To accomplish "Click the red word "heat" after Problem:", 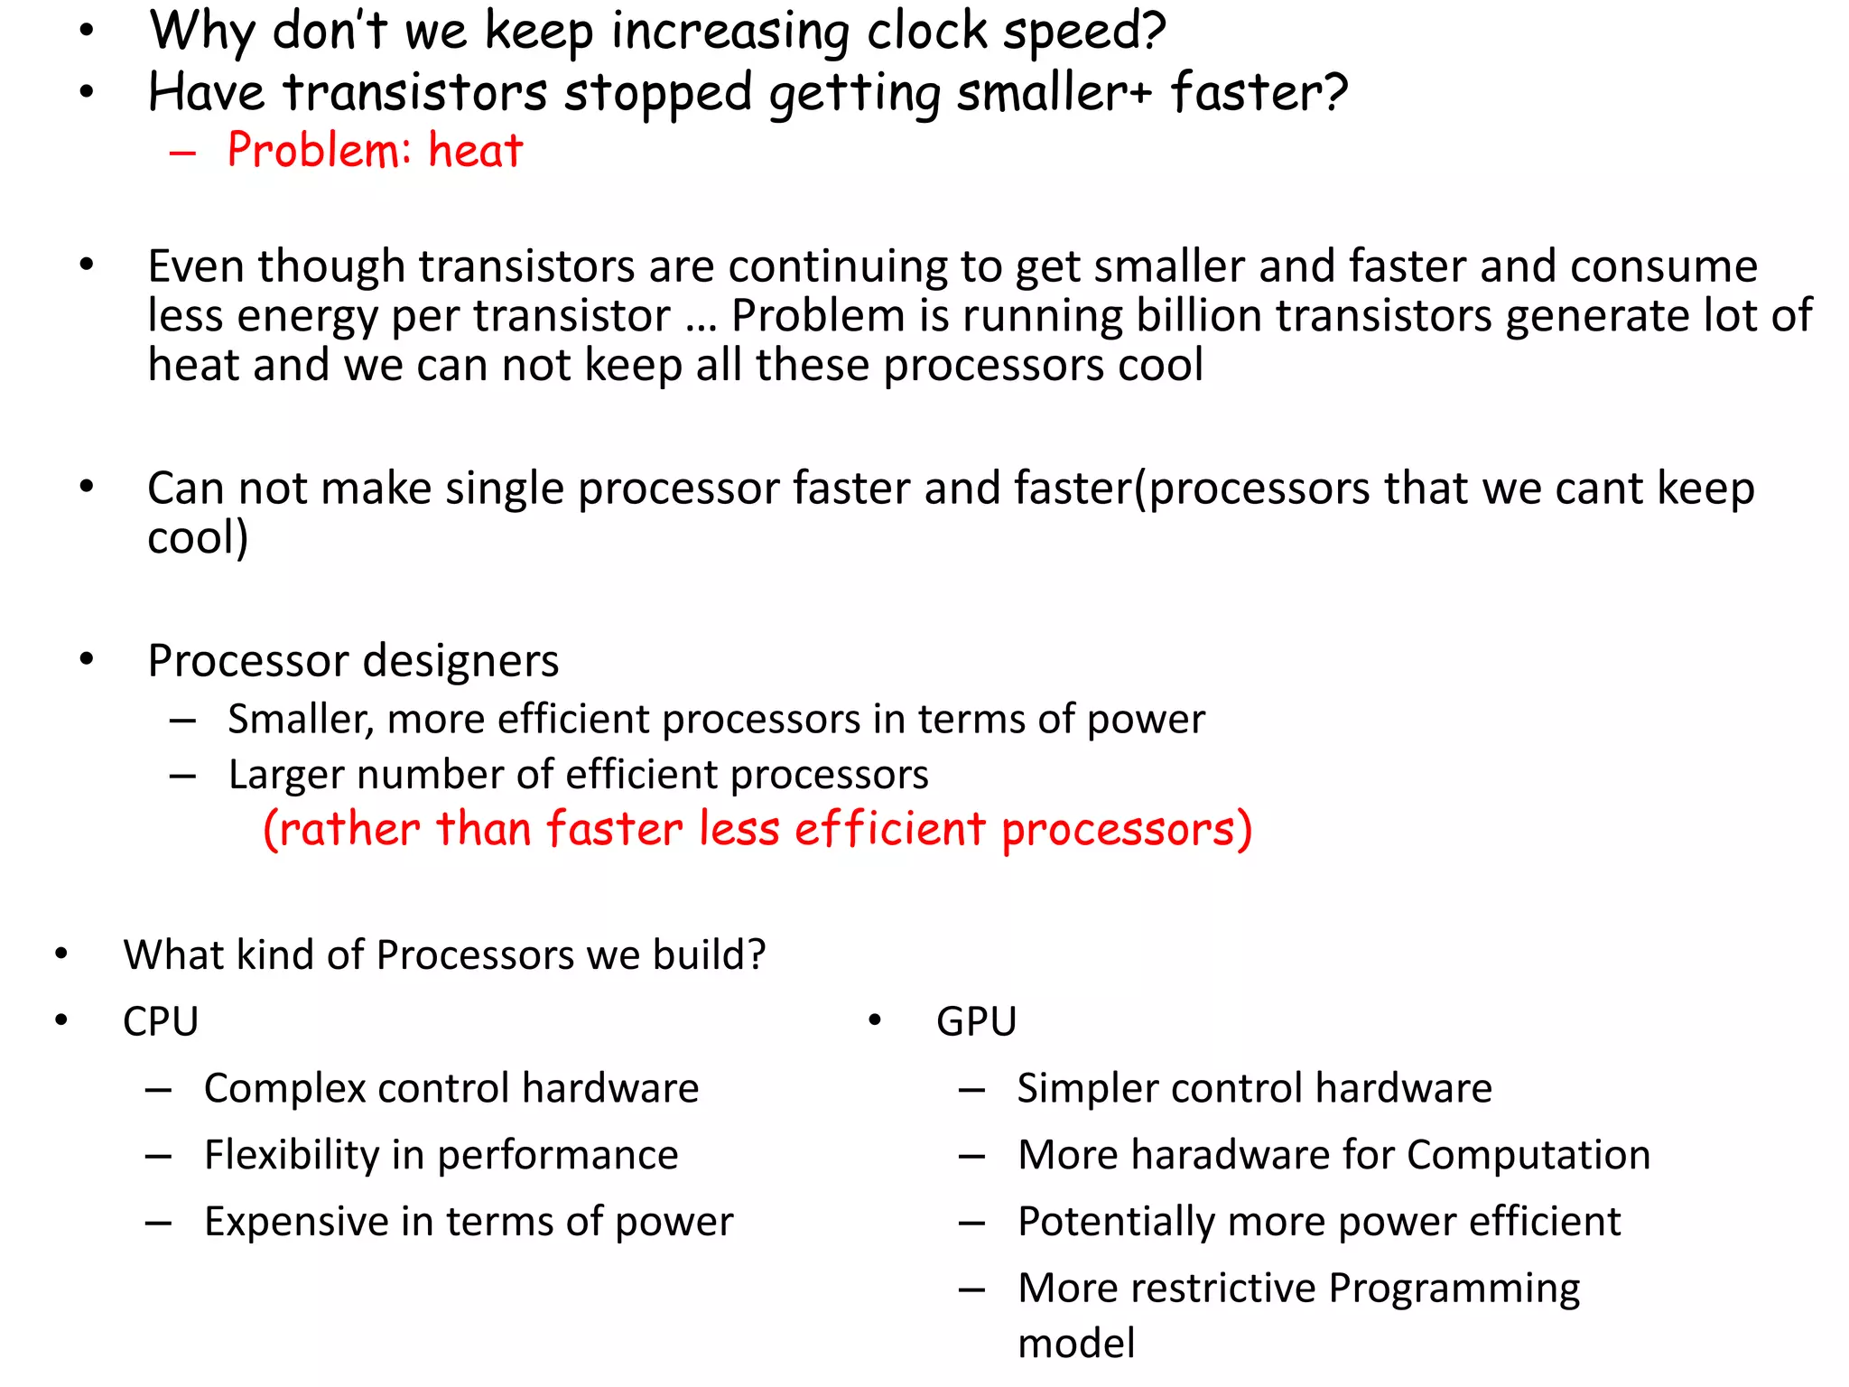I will point(475,150).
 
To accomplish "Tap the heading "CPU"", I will point(161,1021).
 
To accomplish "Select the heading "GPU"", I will point(976,1021).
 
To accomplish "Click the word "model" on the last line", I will point(1076,1344).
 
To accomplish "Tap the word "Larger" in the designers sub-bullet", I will point(284,776).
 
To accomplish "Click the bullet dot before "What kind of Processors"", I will point(61,954).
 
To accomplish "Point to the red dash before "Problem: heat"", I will point(182,153).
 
